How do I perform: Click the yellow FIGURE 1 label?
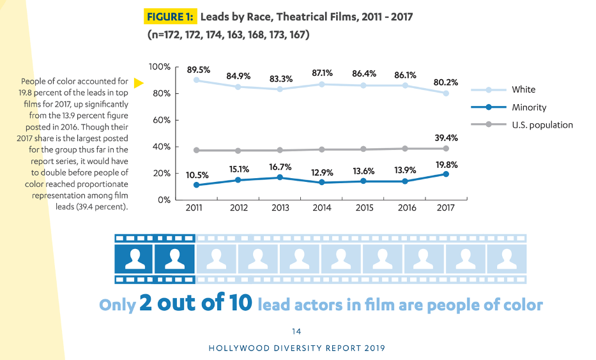(171, 17)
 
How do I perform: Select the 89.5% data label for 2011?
(198, 70)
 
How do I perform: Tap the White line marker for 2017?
(446, 93)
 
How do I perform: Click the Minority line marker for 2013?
(280, 177)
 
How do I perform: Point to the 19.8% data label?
(445, 164)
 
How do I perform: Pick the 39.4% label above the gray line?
(445, 138)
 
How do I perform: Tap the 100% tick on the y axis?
(159, 67)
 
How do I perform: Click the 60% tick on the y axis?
(161, 120)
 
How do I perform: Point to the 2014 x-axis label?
(322, 208)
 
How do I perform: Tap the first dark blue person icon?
(135, 259)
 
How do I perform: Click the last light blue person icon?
(506, 259)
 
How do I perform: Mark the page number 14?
(296, 331)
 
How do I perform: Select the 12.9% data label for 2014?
(322, 172)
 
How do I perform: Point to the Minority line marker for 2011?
(196, 185)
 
